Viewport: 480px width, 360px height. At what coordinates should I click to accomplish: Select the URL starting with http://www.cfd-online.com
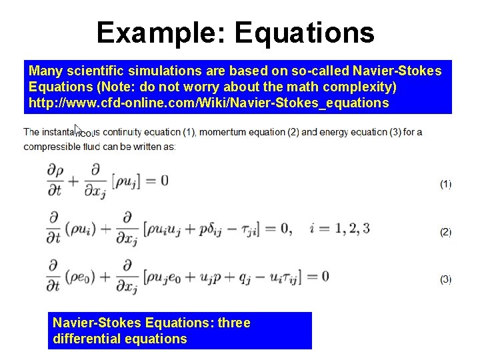coord(198,103)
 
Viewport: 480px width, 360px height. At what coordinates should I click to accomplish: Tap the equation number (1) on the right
coord(445,184)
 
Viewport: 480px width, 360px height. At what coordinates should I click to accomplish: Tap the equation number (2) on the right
coord(445,232)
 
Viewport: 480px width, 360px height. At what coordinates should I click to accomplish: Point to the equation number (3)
coord(445,279)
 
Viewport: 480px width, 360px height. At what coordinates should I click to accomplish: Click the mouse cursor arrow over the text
coord(79,129)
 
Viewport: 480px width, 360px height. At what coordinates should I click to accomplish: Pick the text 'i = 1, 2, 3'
coord(339,229)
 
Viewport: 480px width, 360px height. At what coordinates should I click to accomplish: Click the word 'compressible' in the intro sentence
coord(51,147)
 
